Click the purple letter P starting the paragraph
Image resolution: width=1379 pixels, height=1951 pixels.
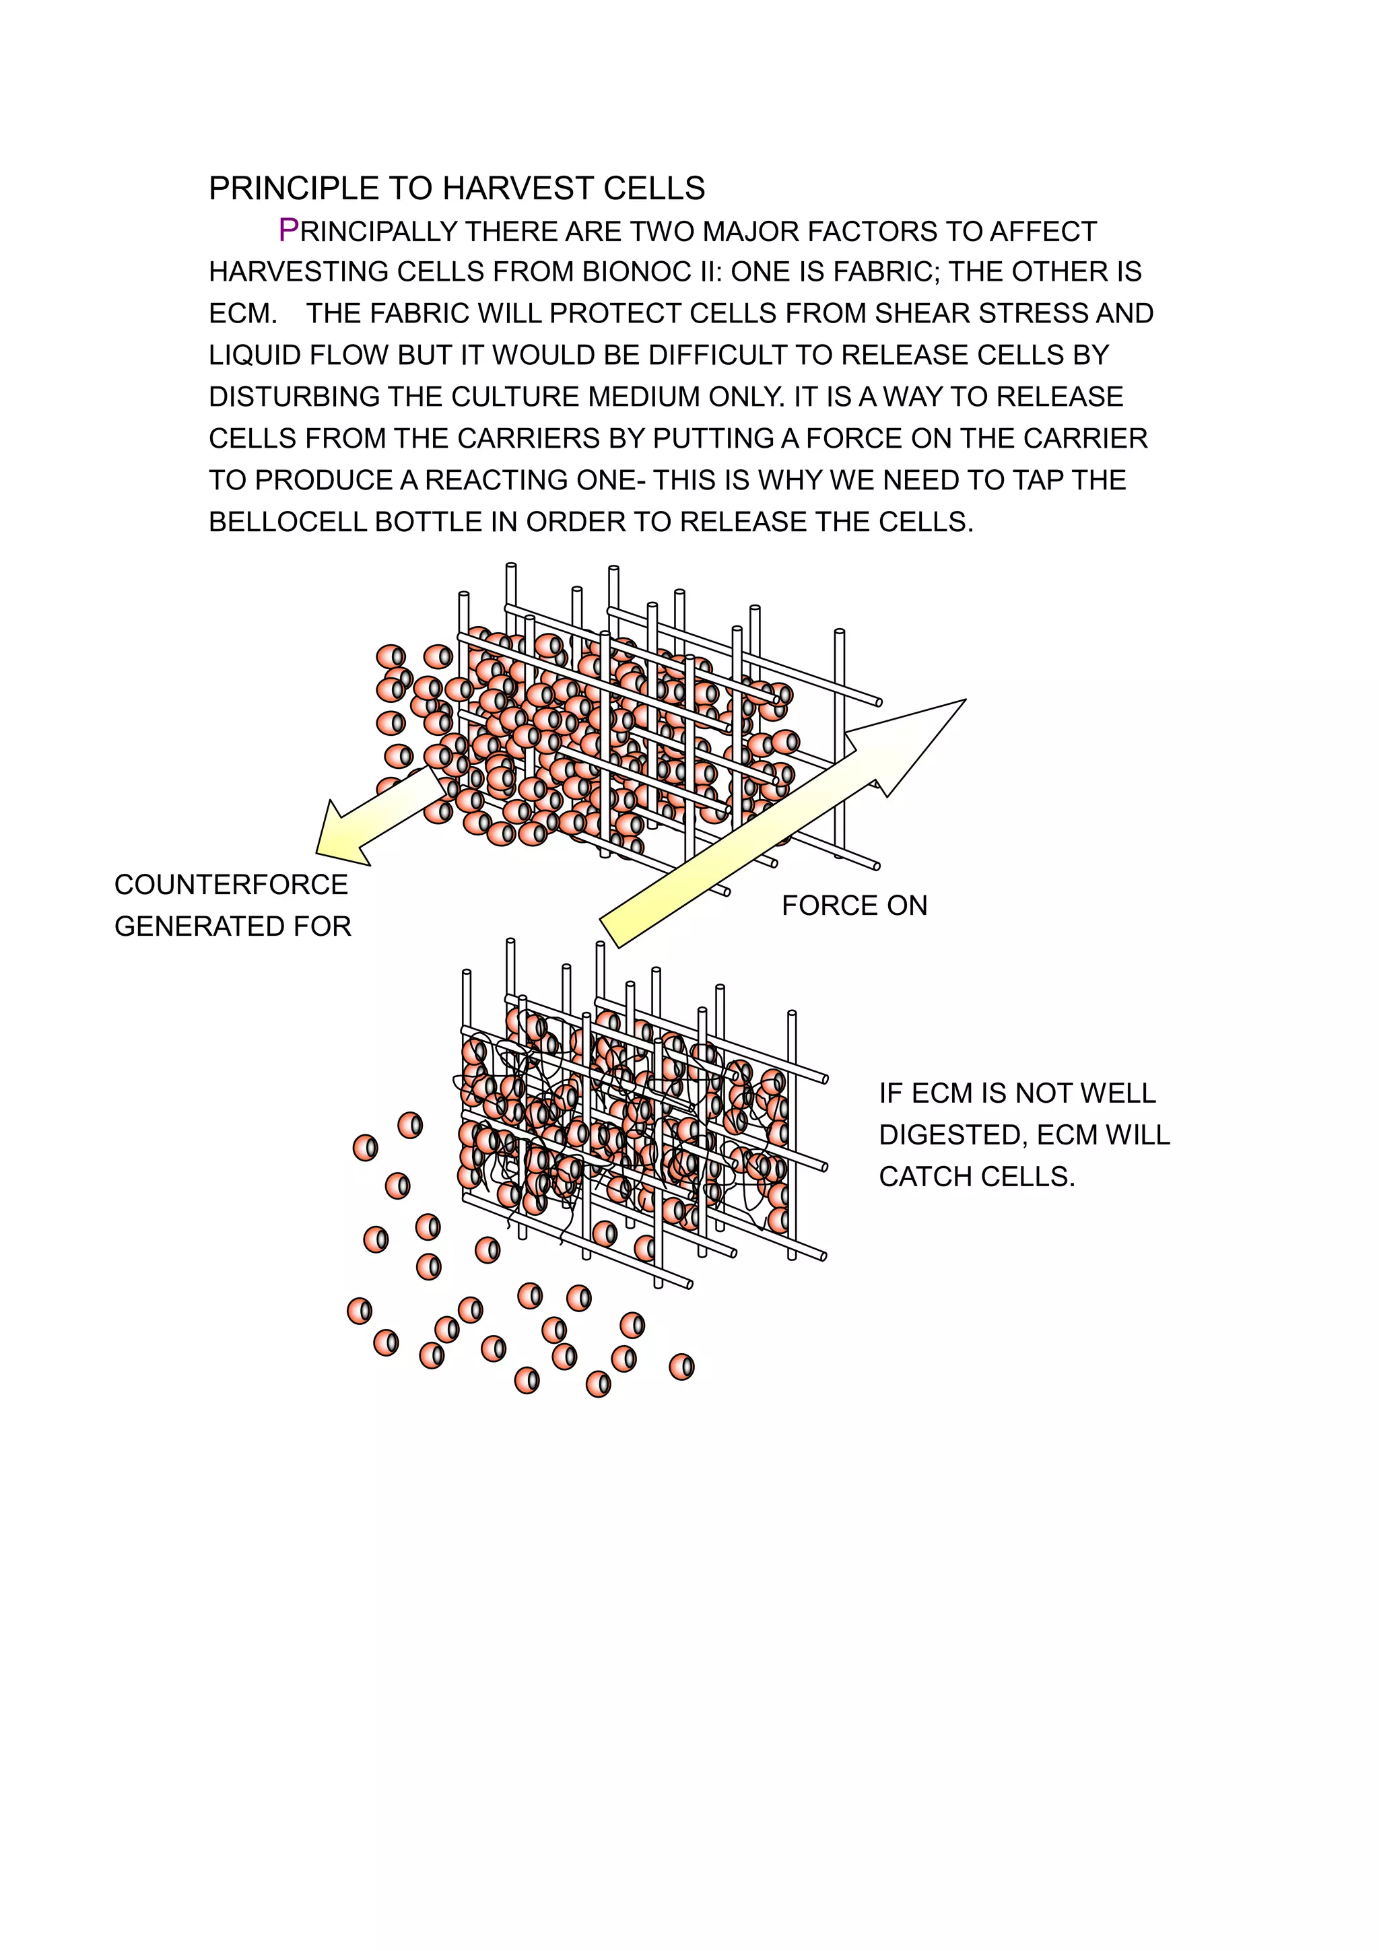click(289, 230)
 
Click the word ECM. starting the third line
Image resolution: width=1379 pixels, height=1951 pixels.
click(243, 314)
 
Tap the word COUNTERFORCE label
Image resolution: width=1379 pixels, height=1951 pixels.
click(231, 885)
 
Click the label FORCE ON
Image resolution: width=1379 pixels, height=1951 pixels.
click(854, 906)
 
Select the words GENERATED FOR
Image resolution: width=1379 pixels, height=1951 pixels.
click(233, 926)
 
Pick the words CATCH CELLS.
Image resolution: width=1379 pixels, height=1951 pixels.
click(976, 1177)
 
